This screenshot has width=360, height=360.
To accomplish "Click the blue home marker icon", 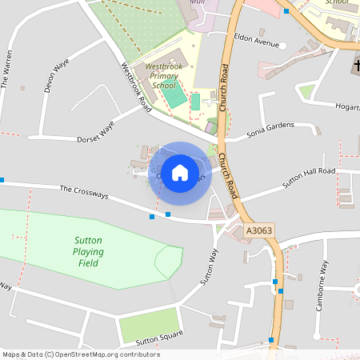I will coord(180,173).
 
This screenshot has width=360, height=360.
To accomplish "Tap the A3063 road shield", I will coord(259,230).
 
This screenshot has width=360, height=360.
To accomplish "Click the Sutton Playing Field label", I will coord(89,251).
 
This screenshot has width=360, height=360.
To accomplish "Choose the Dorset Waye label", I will coord(96,131).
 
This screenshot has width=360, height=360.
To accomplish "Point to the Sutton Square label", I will coord(159,338).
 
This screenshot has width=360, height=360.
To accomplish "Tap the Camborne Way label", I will coord(320,286).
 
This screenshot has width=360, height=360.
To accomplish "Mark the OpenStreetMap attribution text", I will coord(81,354).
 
